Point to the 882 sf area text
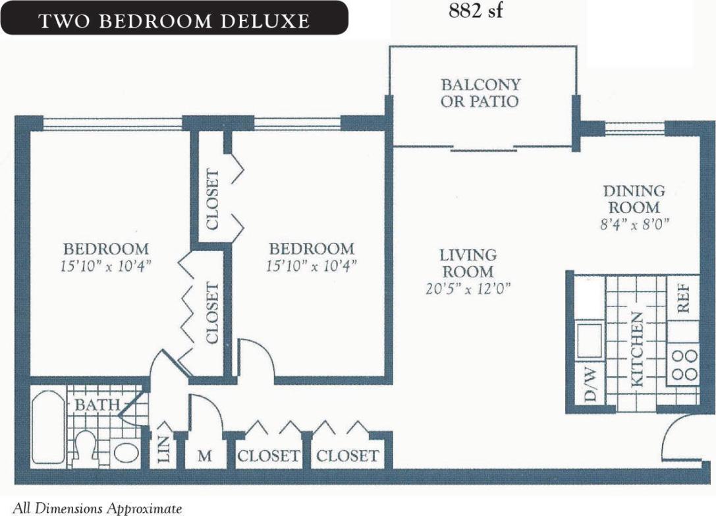tap(476, 12)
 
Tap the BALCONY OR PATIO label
tap(480, 93)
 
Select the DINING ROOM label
tap(634, 199)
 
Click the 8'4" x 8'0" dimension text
tap(634, 223)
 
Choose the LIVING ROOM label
tap(468, 263)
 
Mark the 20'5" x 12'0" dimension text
tap(468, 288)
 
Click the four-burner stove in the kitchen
tap(684, 364)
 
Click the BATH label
tap(97, 405)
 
